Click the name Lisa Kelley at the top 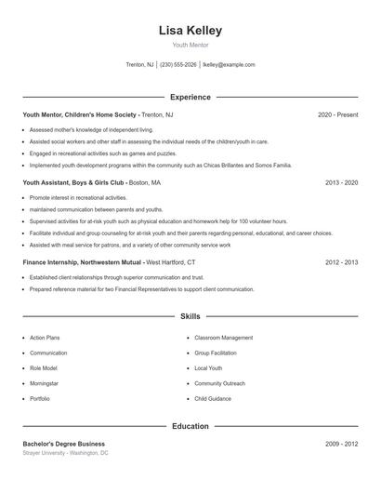190,30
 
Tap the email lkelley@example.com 229,65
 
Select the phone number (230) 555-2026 178,65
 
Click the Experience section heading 190,97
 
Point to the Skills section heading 190,317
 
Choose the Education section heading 190,427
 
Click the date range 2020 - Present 337,114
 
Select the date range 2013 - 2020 341,183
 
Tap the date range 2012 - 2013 341,263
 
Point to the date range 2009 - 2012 341,444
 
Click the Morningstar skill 45,383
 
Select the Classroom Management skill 223,338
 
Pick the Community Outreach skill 220,383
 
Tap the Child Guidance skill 212,398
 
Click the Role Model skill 43,368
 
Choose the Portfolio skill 40,398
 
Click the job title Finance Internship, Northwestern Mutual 83,263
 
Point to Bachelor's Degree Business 63,444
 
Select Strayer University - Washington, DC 65,453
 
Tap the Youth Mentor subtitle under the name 190,45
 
